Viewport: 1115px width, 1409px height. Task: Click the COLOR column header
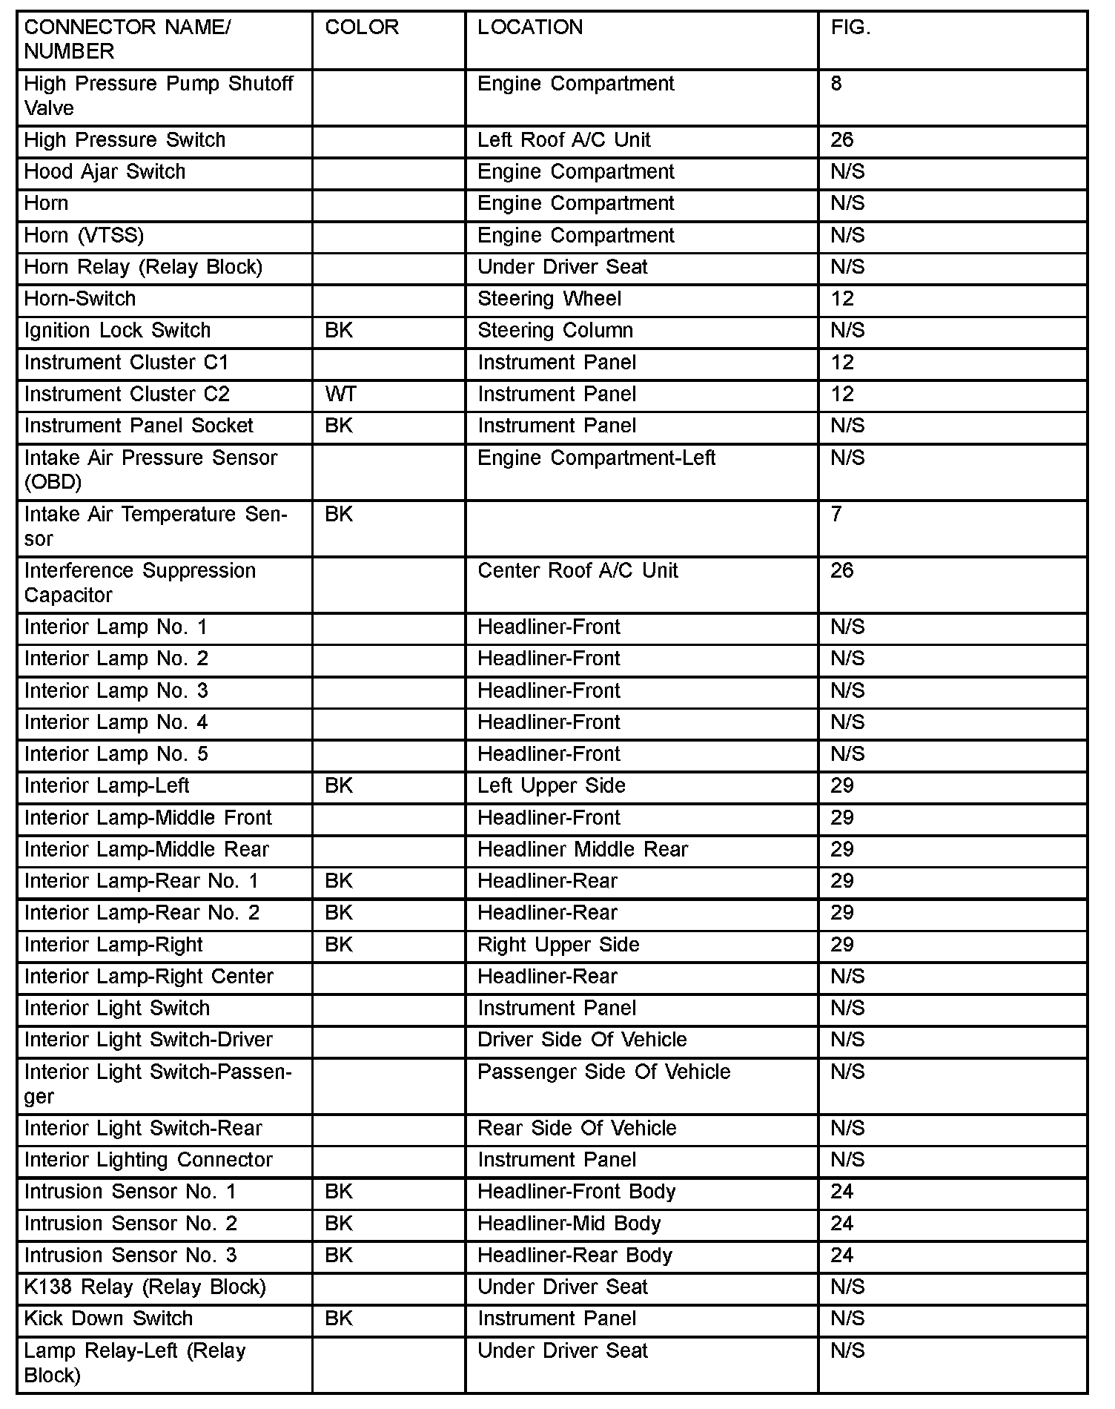[362, 27]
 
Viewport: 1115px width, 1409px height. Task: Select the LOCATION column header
[530, 27]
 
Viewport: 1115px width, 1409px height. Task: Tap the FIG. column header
[850, 27]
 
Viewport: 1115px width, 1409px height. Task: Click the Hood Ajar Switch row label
[105, 172]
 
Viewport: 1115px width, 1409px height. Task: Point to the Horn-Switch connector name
[80, 299]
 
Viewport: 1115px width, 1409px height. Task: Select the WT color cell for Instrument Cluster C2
[340, 395]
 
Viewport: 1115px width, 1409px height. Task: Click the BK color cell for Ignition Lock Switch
[339, 331]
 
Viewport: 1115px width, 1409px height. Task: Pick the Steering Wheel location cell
[549, 299]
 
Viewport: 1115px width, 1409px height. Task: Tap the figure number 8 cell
[836, 84]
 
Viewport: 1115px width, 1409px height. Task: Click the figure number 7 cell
[836, 515]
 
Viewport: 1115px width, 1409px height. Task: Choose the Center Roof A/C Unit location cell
[578, 571]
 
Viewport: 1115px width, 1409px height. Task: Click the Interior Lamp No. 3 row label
[116, 691]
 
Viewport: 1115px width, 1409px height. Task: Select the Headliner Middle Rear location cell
[583, 850]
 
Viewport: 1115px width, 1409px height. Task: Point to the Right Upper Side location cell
[558, 945]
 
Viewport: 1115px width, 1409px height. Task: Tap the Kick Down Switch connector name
[108, 1319]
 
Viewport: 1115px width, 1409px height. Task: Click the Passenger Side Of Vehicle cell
[603, 1072]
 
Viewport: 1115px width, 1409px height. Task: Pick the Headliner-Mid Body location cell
[569, 1224]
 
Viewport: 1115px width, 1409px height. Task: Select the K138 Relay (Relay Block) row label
[145, 1287]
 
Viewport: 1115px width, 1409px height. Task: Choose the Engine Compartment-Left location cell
[596, 458]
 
